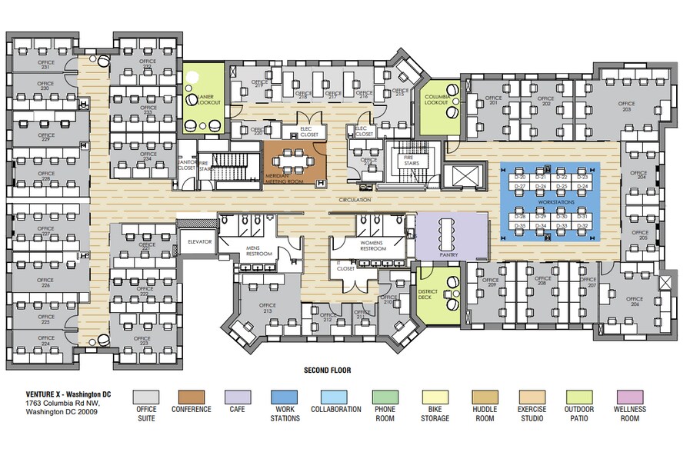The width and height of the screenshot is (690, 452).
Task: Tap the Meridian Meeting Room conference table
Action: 294,161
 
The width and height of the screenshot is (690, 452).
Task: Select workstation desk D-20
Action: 521,178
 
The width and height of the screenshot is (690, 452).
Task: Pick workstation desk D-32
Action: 582,225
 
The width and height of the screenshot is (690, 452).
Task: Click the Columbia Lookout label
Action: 437,99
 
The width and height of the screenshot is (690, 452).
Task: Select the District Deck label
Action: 428,294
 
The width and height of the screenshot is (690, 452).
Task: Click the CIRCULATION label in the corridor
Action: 355,200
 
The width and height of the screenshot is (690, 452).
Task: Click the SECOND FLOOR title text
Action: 327,371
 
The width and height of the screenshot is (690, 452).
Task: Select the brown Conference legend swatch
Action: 192,397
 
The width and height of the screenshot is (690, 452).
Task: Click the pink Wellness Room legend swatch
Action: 630,397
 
